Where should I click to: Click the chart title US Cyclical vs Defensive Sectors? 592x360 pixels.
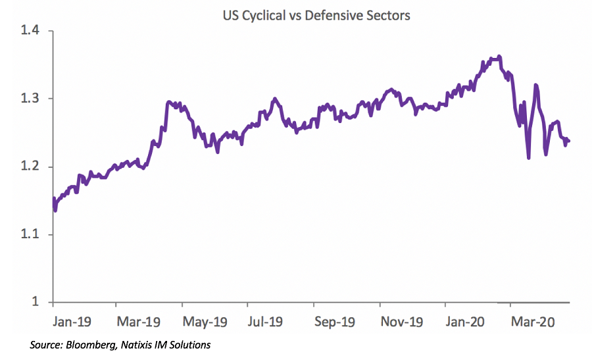316,15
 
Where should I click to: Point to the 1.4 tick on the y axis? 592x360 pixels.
30,31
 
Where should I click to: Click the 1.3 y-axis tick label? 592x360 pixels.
30,99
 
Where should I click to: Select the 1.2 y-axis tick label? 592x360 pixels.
30,167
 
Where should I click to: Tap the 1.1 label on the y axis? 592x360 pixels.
30,234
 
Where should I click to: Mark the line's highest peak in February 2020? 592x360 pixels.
501,57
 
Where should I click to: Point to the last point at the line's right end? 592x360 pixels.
569,141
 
